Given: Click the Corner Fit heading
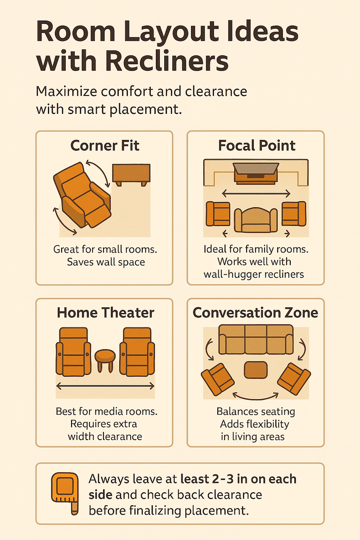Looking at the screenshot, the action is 105,145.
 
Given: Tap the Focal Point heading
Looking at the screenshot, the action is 257,145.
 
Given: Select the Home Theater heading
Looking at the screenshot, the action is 105,313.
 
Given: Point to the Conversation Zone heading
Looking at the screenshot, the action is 255,313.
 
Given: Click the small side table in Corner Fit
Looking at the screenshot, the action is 131,175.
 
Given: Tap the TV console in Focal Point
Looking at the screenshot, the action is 256,174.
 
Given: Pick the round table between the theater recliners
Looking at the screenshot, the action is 105,360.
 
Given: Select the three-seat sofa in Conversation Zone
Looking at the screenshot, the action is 256,339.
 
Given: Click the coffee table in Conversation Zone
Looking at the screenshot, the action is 256,370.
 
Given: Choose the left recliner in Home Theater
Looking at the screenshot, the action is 73,351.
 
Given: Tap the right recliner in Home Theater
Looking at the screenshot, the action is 137,351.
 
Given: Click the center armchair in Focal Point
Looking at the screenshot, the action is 256,220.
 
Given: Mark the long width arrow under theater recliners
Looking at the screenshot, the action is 105,386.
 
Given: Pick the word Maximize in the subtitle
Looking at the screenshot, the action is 67,91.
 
